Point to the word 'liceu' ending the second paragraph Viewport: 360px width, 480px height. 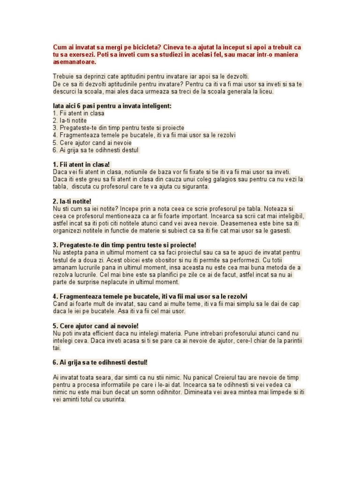pyautogui.click(x=264, y=91)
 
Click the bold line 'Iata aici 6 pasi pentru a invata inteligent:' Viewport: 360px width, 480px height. pyautogui.click(x=112, y=106)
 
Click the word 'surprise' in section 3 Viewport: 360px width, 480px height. pyautogui.click(x=87, y=282)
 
